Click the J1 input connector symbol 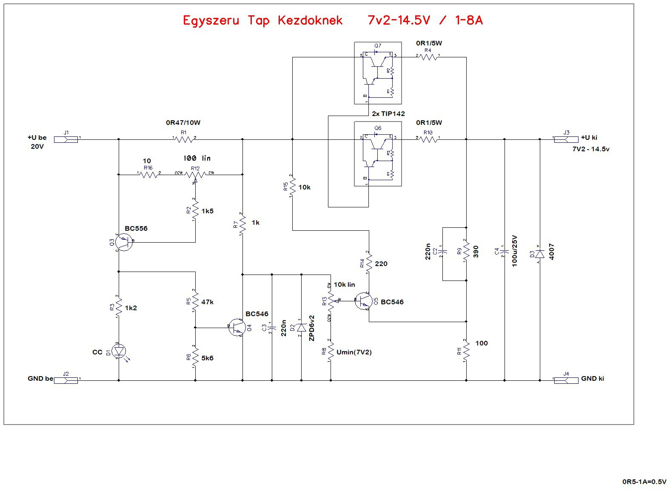[x=66, y=139]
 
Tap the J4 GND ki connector [x=566, y=380]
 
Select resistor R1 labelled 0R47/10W [x=184, y=139]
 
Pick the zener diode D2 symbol [x=302, y=328]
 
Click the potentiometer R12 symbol [x=195, y=175]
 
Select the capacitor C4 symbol [x=505, y=253]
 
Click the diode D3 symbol [x=540, y=254]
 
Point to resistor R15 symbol [x=292, y=187]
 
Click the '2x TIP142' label [x=388, y=114]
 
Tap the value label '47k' [x=207, y=302]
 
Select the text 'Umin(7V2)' [x=354, y=352]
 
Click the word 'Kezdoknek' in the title [x=310, y=20]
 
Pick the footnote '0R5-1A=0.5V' [x=644, y=482]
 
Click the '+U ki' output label [x=589, y=138]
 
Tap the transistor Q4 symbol [x=237, y=328]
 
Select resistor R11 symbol [x=466, y=351]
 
